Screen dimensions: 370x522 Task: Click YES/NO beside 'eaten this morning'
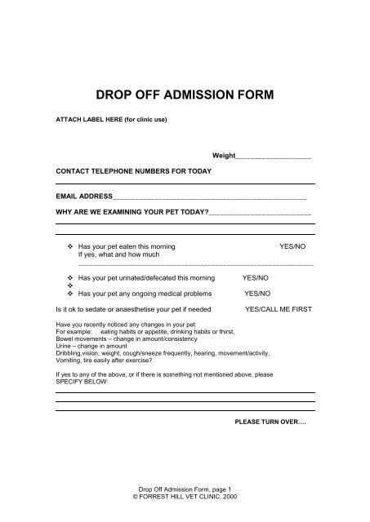292,246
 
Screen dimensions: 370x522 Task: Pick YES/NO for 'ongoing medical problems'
256,294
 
